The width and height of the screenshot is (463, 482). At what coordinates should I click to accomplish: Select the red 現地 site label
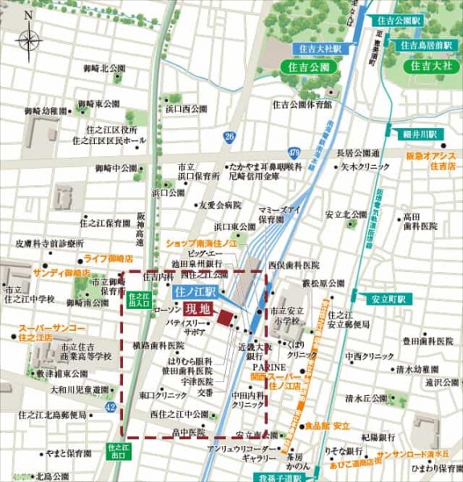click(197, 308)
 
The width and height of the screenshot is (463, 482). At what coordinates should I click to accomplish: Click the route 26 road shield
click(230, 137)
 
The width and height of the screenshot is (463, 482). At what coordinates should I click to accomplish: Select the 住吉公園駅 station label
click(399, 19)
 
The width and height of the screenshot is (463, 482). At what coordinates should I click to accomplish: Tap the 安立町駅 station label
click(390, 299)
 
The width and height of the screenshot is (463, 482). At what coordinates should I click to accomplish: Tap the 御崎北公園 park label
click(104, 69)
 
